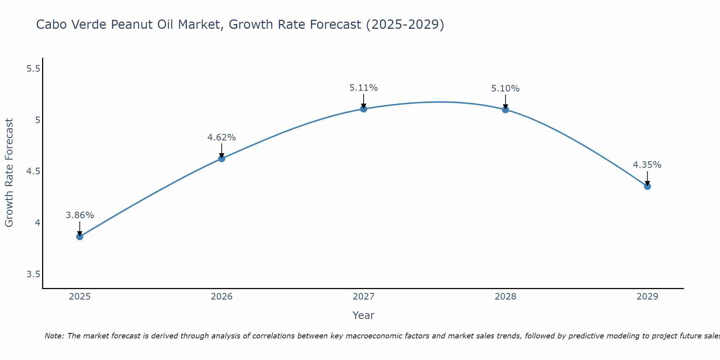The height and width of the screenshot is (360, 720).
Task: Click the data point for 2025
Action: [80, 237]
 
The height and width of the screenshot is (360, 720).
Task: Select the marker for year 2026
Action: [221, 158]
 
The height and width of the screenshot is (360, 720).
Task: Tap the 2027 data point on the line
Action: [364, 109]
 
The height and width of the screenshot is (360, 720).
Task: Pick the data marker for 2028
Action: [505, 109]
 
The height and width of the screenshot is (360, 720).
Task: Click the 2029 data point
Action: [647, 186]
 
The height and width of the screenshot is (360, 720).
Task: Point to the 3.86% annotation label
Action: [80, 215]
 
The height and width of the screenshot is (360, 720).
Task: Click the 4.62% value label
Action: [221, 138]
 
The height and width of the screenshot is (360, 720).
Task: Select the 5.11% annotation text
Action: [364, 88]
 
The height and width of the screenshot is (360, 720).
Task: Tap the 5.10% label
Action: [505, 89]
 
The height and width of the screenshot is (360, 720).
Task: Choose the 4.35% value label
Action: [647, 165]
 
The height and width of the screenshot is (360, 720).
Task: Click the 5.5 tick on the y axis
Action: [33, 68]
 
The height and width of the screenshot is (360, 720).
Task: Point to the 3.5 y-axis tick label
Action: [33, 274]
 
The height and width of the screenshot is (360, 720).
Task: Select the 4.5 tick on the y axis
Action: [33, 171]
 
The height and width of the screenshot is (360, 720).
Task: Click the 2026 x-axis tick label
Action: [221, 297]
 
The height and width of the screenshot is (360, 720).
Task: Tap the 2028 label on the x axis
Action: [505, 297]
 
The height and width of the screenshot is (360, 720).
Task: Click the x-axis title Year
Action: [364, 315]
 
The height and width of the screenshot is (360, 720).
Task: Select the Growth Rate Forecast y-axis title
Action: [9, 173]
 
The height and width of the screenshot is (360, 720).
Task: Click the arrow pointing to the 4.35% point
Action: [647, 178]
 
